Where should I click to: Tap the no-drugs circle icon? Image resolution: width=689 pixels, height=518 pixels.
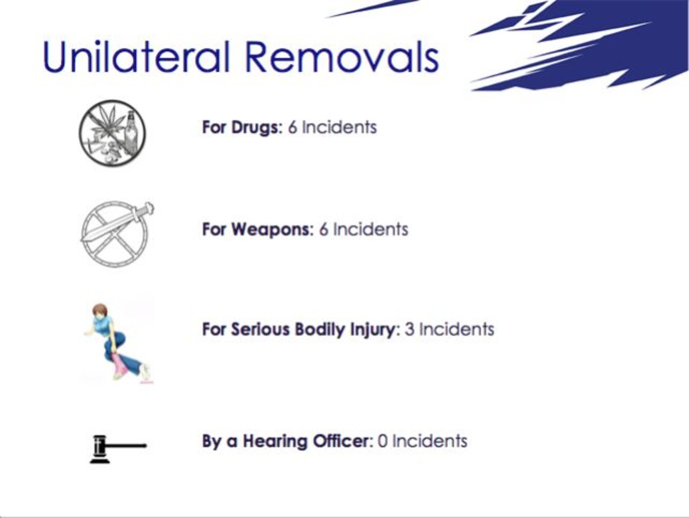(x=112, y=133)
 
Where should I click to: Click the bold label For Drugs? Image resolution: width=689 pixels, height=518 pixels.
(x=242, y=127)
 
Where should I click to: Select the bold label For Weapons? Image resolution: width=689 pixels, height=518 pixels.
(x=258, y=230)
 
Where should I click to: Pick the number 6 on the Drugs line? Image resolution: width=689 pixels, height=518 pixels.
(x=292, y=128)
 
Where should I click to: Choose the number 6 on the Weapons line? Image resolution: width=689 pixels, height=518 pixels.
(x=324, y=230)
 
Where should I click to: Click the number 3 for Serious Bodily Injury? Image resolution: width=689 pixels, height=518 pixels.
(x=409, y=330)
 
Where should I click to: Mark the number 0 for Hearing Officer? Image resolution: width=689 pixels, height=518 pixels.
(x=383, y=442)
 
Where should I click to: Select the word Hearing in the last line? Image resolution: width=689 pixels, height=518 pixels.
(x=275, y=441)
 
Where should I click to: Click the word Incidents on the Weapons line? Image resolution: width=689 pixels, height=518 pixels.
(x=371, y=230)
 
